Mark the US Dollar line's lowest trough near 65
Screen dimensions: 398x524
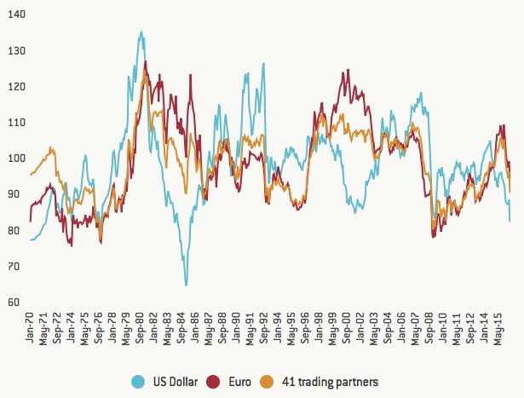click(x=186, y=284)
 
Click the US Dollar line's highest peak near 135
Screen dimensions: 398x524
click(x=141, y=32)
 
